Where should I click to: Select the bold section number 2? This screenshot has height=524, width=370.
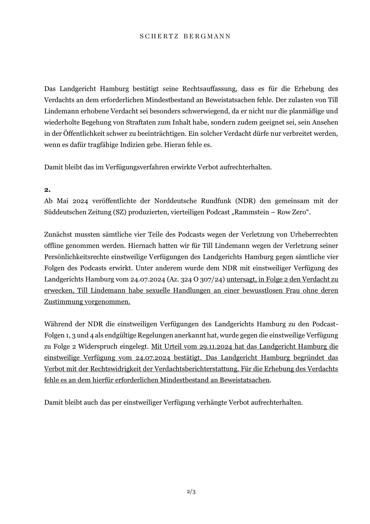click(47, 190)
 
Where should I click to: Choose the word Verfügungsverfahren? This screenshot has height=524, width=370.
click(140, 167)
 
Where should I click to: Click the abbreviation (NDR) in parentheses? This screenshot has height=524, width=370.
click(246, 201)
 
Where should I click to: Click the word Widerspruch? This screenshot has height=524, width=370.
click(96, 347)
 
